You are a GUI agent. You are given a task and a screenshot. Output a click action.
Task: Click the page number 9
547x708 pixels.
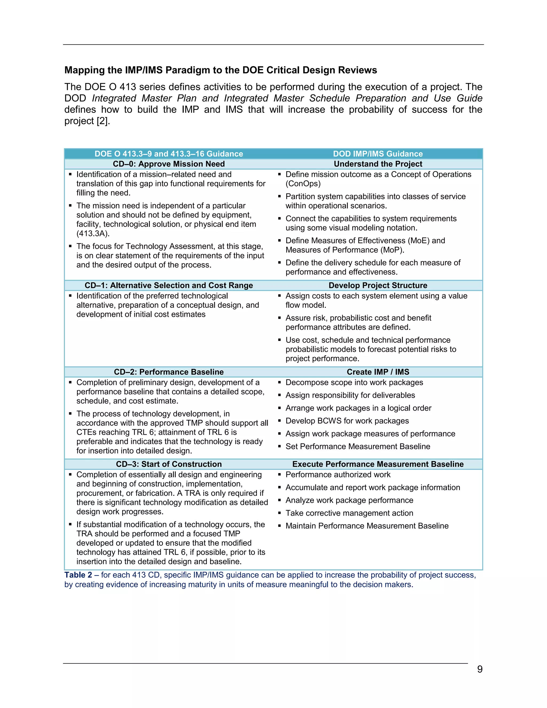(480, 669)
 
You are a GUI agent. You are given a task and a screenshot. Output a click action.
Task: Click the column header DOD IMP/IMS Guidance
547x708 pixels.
(378, 154)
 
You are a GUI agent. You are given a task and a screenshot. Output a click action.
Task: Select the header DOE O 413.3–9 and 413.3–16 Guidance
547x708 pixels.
(169, 154)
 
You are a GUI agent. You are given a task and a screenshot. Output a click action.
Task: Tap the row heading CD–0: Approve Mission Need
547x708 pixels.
(169, 164)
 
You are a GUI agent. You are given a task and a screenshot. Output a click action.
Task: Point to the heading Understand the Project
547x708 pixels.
(378, 164)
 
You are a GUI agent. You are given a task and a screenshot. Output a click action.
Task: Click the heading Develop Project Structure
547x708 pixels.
(378, 285)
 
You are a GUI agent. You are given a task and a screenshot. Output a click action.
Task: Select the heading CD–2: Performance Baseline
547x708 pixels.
(169, 372)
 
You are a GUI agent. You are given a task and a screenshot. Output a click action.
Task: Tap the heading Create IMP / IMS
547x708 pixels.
(378, 372)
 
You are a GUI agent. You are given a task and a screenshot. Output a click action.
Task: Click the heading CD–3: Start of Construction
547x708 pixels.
(169, 464)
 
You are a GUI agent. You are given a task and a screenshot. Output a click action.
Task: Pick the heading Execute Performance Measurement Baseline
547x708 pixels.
(378, 464)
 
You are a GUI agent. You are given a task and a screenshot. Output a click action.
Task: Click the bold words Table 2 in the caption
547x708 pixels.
(78, 575)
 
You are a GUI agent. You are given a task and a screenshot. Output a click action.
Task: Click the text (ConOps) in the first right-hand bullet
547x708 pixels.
(303, 184)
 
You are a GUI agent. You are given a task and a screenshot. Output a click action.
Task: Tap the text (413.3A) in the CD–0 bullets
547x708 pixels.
(93, 234)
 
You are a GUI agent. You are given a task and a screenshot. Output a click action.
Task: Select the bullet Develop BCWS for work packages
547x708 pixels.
(347, 421)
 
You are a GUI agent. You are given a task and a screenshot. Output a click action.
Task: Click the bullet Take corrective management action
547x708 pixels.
(349, 513)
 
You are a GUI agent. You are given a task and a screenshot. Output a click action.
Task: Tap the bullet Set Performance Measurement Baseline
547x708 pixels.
(358, 446)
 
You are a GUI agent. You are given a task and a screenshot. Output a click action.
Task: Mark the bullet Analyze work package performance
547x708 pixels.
(349, 500)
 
